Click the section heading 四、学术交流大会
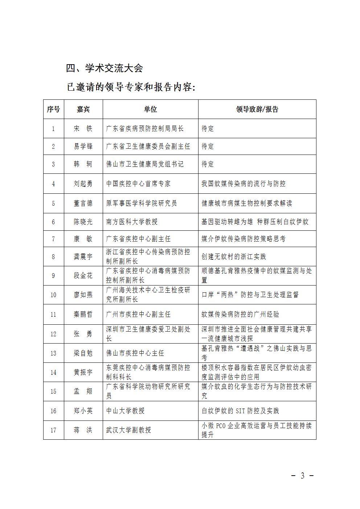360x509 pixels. (105, 68)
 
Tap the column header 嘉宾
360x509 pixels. (83, 109)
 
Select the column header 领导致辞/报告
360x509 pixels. (257, 109)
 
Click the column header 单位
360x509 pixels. (150, 109)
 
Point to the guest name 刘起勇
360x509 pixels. (83, 184)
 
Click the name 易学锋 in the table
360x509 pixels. (83, 146)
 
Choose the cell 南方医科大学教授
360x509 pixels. (132, 222)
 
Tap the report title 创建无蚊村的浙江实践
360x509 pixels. (234, 256)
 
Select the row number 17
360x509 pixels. (53, 430)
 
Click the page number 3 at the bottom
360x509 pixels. (302, 476)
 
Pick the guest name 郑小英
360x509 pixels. (83, 411)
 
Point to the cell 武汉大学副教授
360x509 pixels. (128, 430)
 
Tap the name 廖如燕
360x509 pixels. (83, 295)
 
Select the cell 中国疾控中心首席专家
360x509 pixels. (138, 184)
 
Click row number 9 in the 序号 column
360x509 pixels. (53, 276)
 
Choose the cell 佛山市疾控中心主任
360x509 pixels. (135, 353)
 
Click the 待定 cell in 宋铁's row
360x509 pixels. (208, 128)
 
